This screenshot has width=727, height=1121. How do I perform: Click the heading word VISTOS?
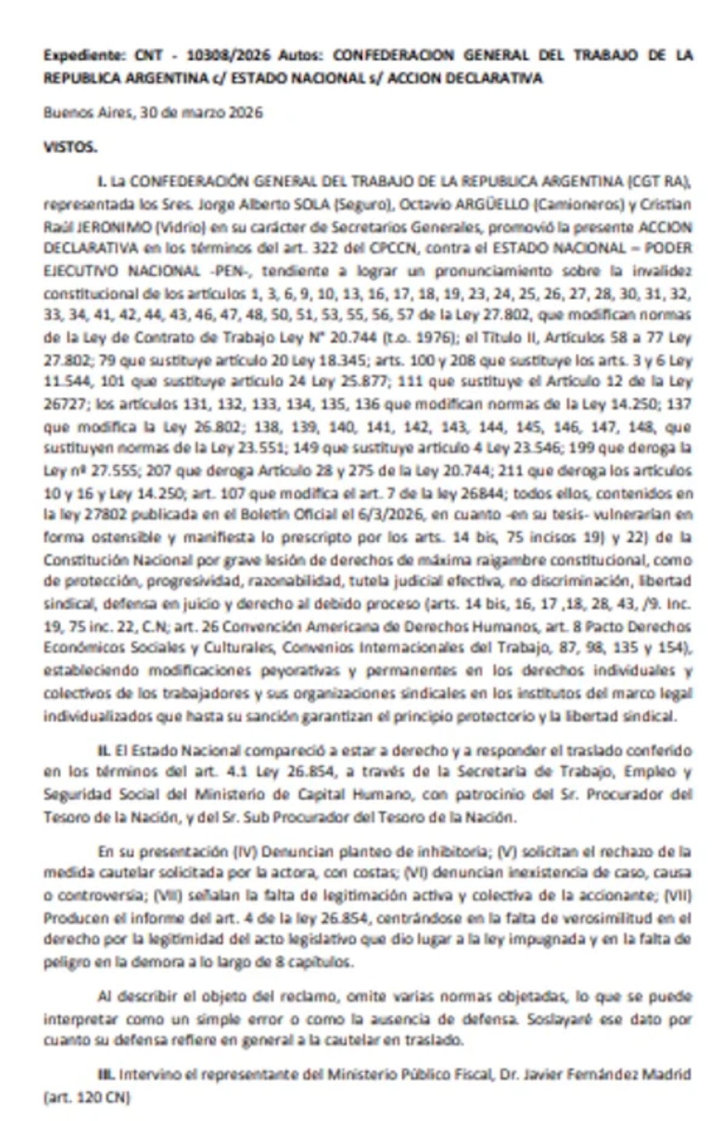[x=70, y=147]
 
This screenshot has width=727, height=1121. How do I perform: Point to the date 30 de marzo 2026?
[x=201, y=113]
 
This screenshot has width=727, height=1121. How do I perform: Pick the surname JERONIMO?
[x=112, y=227]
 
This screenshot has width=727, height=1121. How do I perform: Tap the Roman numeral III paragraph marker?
[x=106, y=1074]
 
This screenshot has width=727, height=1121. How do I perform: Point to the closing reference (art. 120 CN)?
[x=87, y=1097]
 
